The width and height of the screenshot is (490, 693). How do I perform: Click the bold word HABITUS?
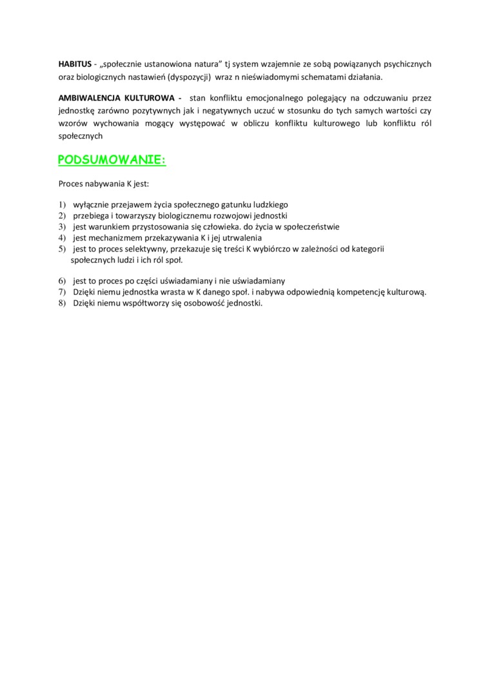(x=75, y=64)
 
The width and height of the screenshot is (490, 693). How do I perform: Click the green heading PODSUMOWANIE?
(x=112, y=159)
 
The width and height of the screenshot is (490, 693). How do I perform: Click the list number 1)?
(x=63, y=204)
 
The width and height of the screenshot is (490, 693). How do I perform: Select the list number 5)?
(x=63, y=248)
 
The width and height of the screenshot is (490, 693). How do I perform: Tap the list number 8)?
(x=63, y=304)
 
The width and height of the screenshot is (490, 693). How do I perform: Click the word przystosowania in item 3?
(x=141, y=226)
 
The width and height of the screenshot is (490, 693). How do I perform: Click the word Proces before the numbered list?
(x=72, y=184)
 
